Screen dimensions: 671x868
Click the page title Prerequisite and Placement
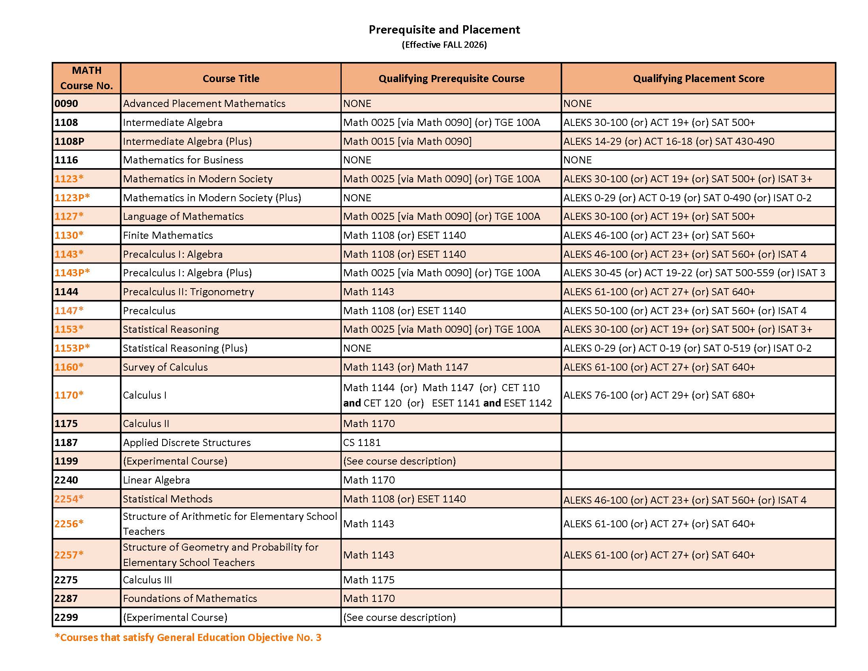[x=444, y=30]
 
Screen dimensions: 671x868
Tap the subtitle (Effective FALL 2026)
[x=444, y=45]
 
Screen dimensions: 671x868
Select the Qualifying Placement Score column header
[x=698, y=79]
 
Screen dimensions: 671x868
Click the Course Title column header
[x=231, y=79]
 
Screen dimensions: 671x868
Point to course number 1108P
[x=69, y=142]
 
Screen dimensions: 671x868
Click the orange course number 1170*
[x=69, y=395]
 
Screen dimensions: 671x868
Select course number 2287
[x=66, y=599]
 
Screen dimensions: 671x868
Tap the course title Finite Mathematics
[x=168, y=235]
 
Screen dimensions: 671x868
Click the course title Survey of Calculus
[x=165, y=367]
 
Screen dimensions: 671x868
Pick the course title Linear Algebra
[x=156, y=480]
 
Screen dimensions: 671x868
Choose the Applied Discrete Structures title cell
[x=187, y=443]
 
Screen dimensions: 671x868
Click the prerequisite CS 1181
[x=362, y=443]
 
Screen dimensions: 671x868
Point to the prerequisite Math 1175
[x=369, y=580]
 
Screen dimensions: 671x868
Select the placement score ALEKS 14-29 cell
[x=668, y=142]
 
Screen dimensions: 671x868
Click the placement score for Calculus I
[x=659, y=395]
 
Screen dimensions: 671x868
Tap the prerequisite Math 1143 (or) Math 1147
[x=405, y=367]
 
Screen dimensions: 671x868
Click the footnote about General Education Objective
[x=188, y=637]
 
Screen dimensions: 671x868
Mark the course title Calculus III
[x=148, y=580]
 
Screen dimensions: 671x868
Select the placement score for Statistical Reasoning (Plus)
[x=687, y=348]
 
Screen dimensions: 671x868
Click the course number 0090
[x=66, y=104]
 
